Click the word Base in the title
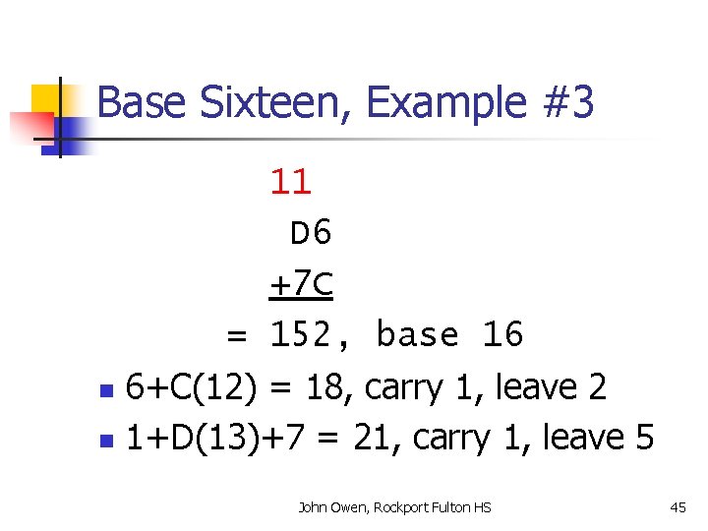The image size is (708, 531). click(x=135, y=102)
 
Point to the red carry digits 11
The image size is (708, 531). click(x=291, y=181)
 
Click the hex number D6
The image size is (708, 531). click(x=312, y=233)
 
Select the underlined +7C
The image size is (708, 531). click(x=301, y=285)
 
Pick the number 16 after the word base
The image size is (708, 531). click(x=503, y=336)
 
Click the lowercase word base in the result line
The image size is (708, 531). click(x=419, y=336)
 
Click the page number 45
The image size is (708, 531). click(x=678, y=507)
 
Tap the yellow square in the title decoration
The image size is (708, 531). click(x=49, y=99)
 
